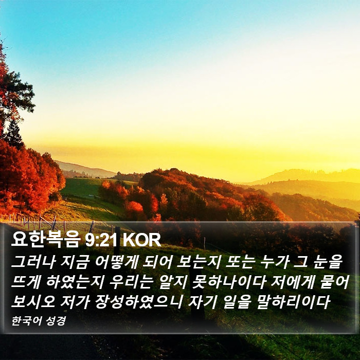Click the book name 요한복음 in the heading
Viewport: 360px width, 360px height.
click(46, 239)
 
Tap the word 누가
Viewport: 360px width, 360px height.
click(274, 262)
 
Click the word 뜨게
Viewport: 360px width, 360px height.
click(26, 281)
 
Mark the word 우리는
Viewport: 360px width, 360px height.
click(130, 281)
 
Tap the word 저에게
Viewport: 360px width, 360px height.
click(292, 281)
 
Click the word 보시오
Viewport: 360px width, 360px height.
click(33, 301)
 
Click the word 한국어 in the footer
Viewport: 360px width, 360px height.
click(27, 321)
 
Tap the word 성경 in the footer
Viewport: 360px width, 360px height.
click(56, 321)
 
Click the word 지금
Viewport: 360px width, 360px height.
click(74, 262)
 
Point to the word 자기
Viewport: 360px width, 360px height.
click(202, 301)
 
